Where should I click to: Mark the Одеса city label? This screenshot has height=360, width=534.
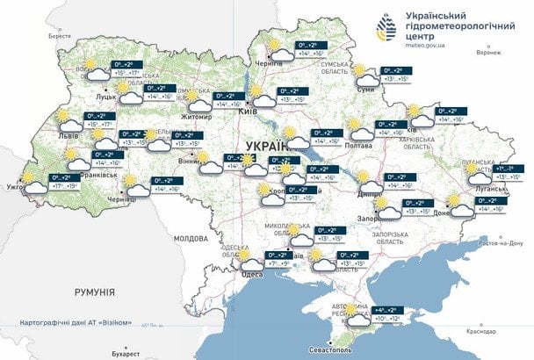pyautogui.click(x=252, y=274)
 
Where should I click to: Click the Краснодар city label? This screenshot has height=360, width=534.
pyautogui.click(x=482, y=331)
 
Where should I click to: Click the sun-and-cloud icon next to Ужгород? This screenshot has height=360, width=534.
pyautogui.click(x=32, y=180)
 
